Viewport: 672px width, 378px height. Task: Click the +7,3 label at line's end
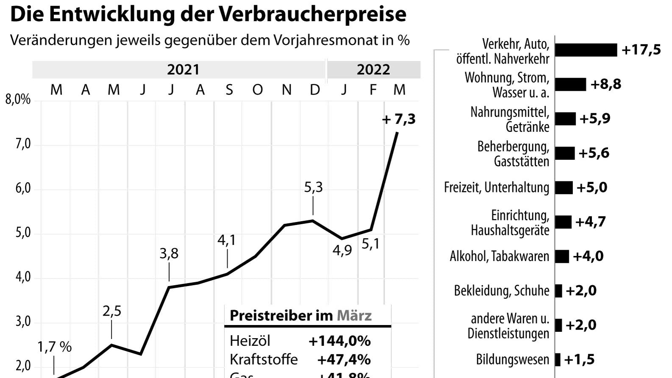[399, 120]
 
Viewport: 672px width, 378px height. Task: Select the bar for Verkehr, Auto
[586, 50]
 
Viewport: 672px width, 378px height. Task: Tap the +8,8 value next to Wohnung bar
[605, 84]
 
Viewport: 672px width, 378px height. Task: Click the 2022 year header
[373, 69]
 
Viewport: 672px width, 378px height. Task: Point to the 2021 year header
[183, 69]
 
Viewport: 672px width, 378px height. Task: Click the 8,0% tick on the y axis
[18, 100]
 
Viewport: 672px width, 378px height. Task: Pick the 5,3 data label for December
[313, 187]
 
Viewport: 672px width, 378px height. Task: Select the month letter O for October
[257, 90]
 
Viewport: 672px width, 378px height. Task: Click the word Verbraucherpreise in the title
[312, 14]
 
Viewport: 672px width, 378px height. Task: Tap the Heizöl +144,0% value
[339, 341]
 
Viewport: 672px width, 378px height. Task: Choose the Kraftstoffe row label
[264, 359]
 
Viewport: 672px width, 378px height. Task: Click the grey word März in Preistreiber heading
[354, 316]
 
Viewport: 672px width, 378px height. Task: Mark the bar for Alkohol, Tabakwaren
[562, 256]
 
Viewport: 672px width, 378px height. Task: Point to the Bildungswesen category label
[512, 360]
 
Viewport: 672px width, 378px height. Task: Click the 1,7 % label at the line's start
[54, 347]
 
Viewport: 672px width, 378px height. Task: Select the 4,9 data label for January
[342, 250]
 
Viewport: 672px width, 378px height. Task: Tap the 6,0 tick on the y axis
[23, 188]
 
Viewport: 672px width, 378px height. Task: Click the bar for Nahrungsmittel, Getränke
[565, 119]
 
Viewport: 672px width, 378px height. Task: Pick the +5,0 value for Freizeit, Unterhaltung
[591, 187]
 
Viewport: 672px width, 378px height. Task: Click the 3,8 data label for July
[169, 253]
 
